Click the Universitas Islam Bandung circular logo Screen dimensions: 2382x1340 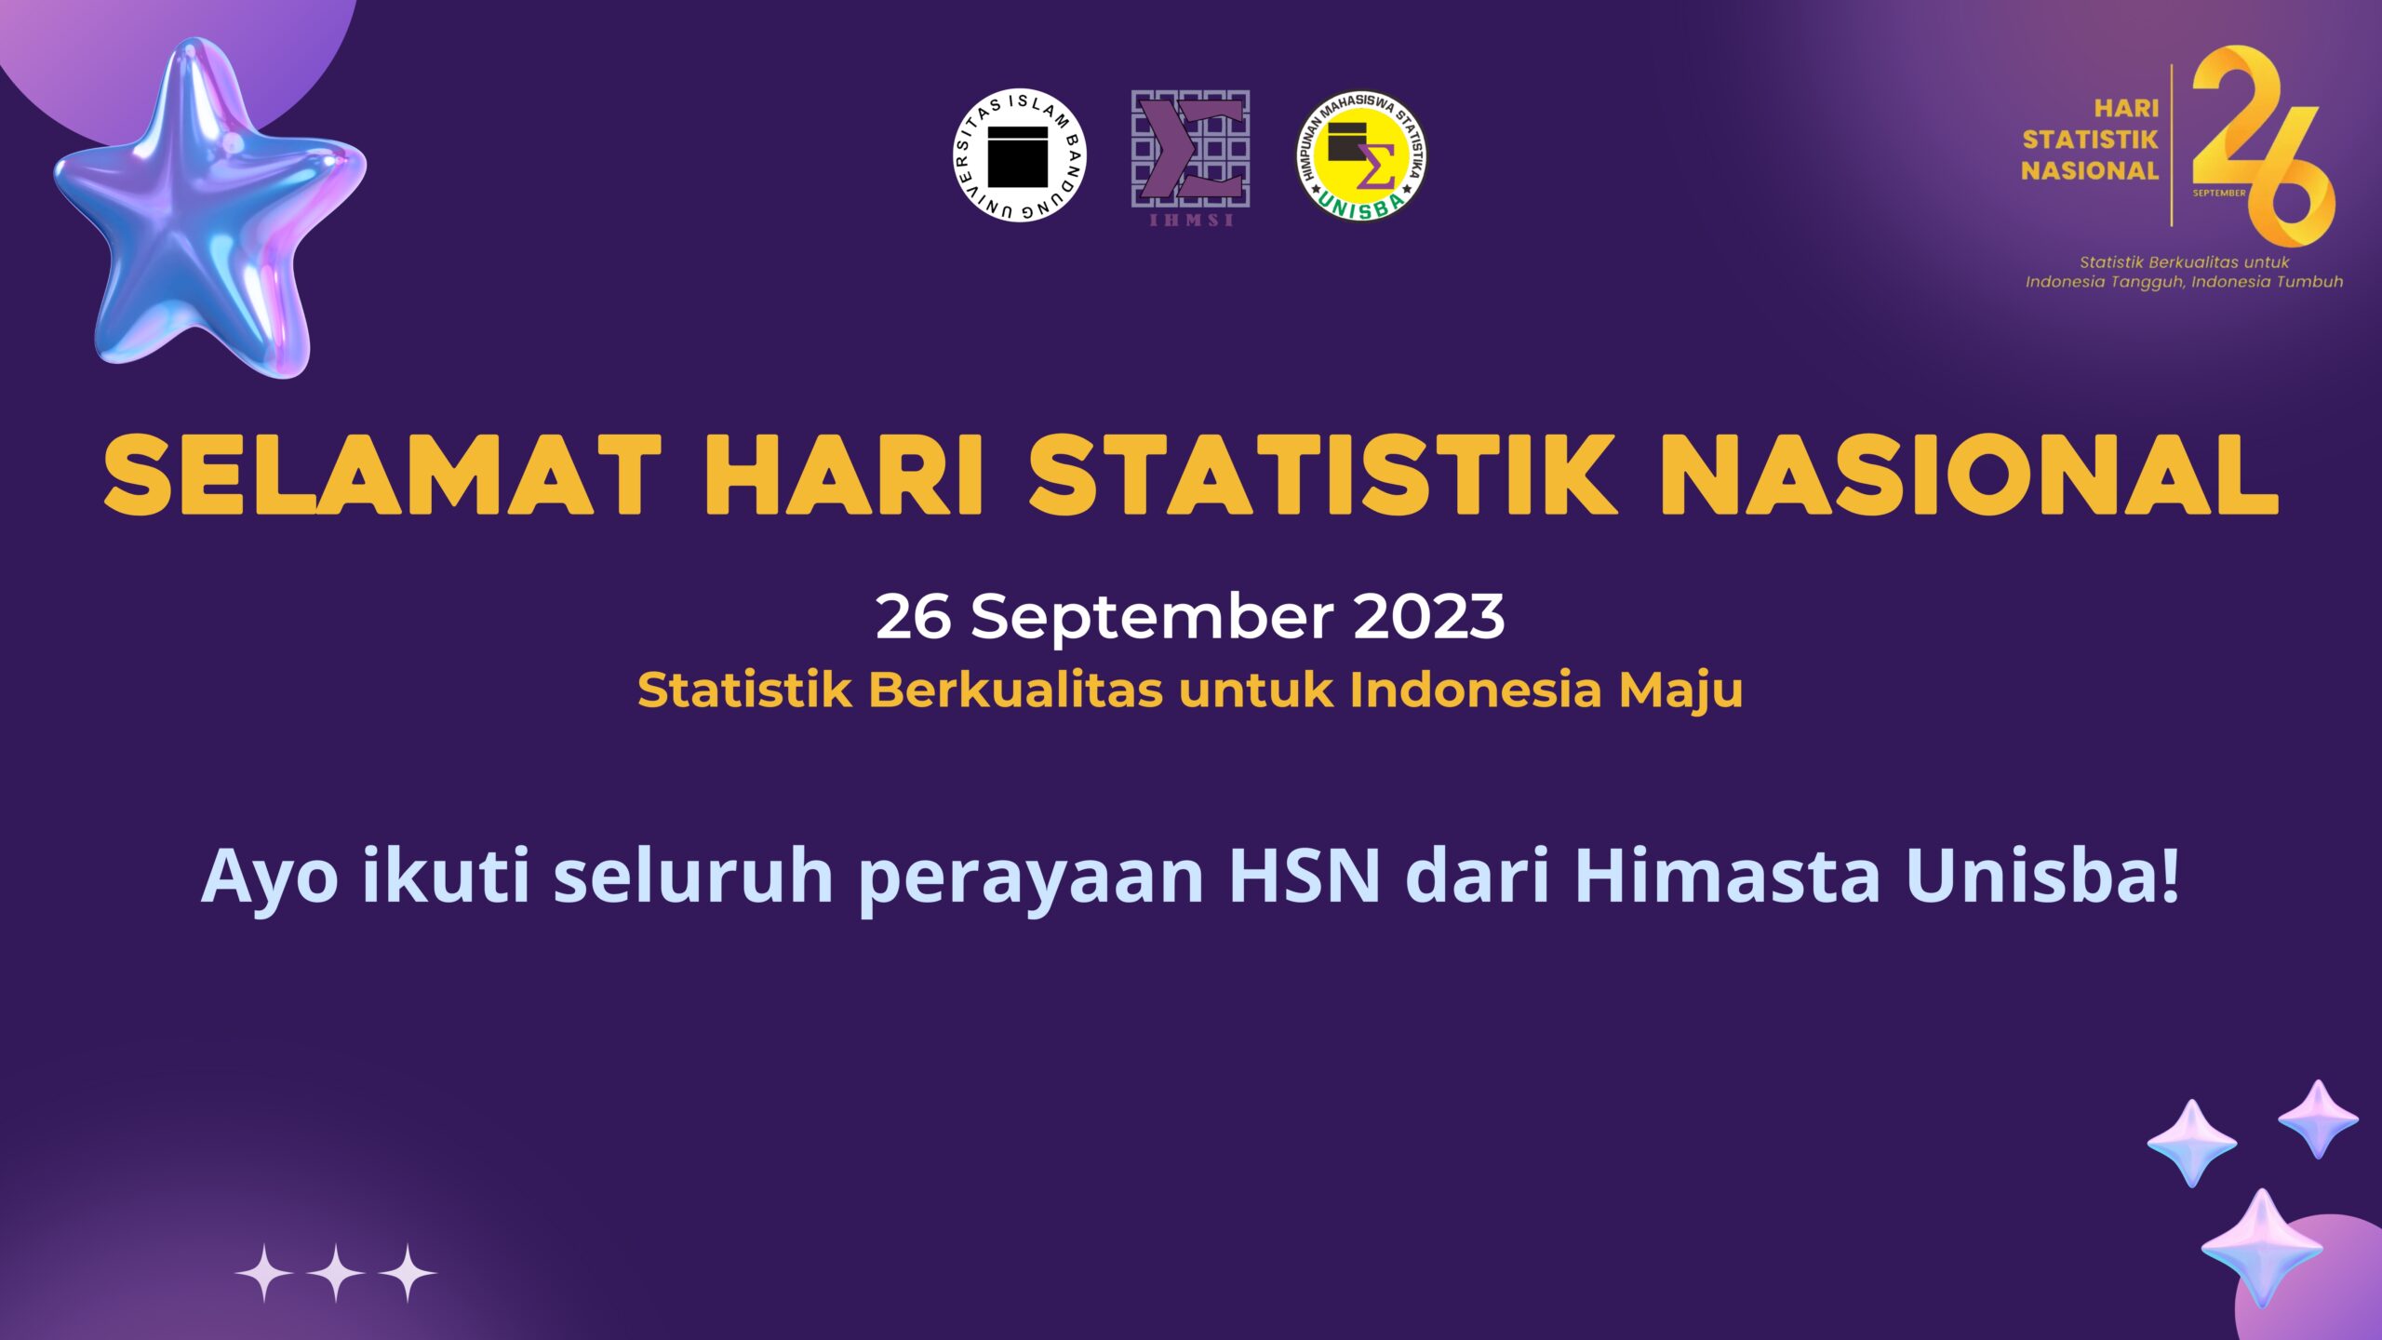click(1019, 155)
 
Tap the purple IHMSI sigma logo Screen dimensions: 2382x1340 click(1190, 157)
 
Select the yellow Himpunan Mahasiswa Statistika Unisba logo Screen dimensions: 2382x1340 click(1361, 155)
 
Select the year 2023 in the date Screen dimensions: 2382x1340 click(1428, 617)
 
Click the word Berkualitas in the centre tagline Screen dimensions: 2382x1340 click(1015, 690)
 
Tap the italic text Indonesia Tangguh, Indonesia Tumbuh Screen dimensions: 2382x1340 click(2184, 282)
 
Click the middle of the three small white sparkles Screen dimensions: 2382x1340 click(336, 1273)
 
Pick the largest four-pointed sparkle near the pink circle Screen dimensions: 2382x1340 click(2262, 1248)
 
